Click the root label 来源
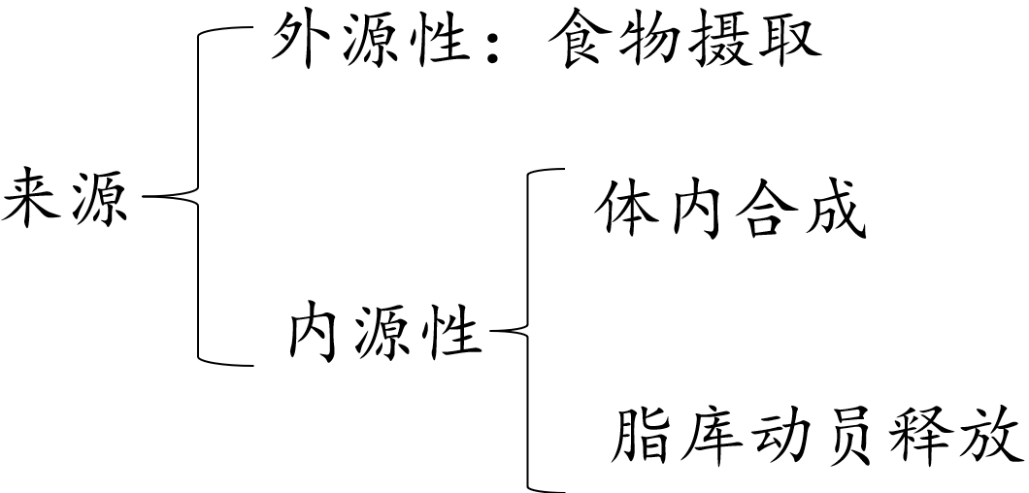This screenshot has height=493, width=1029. [66, 198]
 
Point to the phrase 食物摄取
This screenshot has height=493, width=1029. [684, 42]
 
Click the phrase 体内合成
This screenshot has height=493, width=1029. [729, 210]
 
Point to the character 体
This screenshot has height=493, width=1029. [627, 210]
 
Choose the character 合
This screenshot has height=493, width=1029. [764, 210]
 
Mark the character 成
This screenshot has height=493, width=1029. [833, 210]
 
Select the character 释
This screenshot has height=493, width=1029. [919, 436]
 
